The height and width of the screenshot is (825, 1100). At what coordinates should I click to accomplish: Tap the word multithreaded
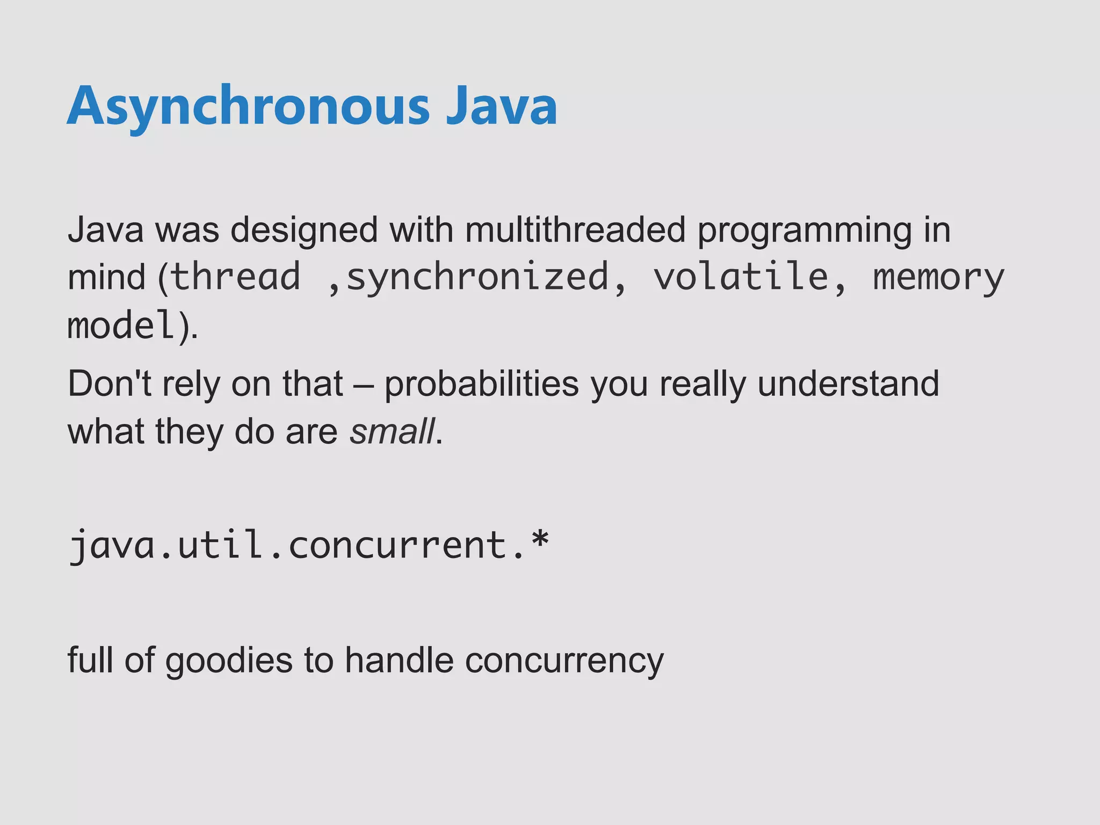(x=575, y=230)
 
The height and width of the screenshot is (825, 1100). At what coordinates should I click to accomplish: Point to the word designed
(x=304, y=230)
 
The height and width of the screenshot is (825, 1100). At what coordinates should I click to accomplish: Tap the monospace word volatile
(x=741, y=277)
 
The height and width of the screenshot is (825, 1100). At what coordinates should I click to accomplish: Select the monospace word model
(x=121, y=325)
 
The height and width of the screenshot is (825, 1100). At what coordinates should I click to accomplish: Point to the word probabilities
(x=481, y=385)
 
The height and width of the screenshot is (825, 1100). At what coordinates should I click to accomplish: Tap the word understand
(x=848, y=383)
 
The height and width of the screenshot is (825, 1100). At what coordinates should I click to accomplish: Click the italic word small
(x=392, y=432)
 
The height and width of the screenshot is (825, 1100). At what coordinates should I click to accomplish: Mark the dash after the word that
(x=364, y=385)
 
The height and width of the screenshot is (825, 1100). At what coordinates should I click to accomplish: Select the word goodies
(x=228, y=661)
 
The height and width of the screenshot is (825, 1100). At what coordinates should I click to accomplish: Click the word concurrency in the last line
(x=564, y=661)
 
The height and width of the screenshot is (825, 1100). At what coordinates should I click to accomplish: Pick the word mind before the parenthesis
(x=106, y=277)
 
